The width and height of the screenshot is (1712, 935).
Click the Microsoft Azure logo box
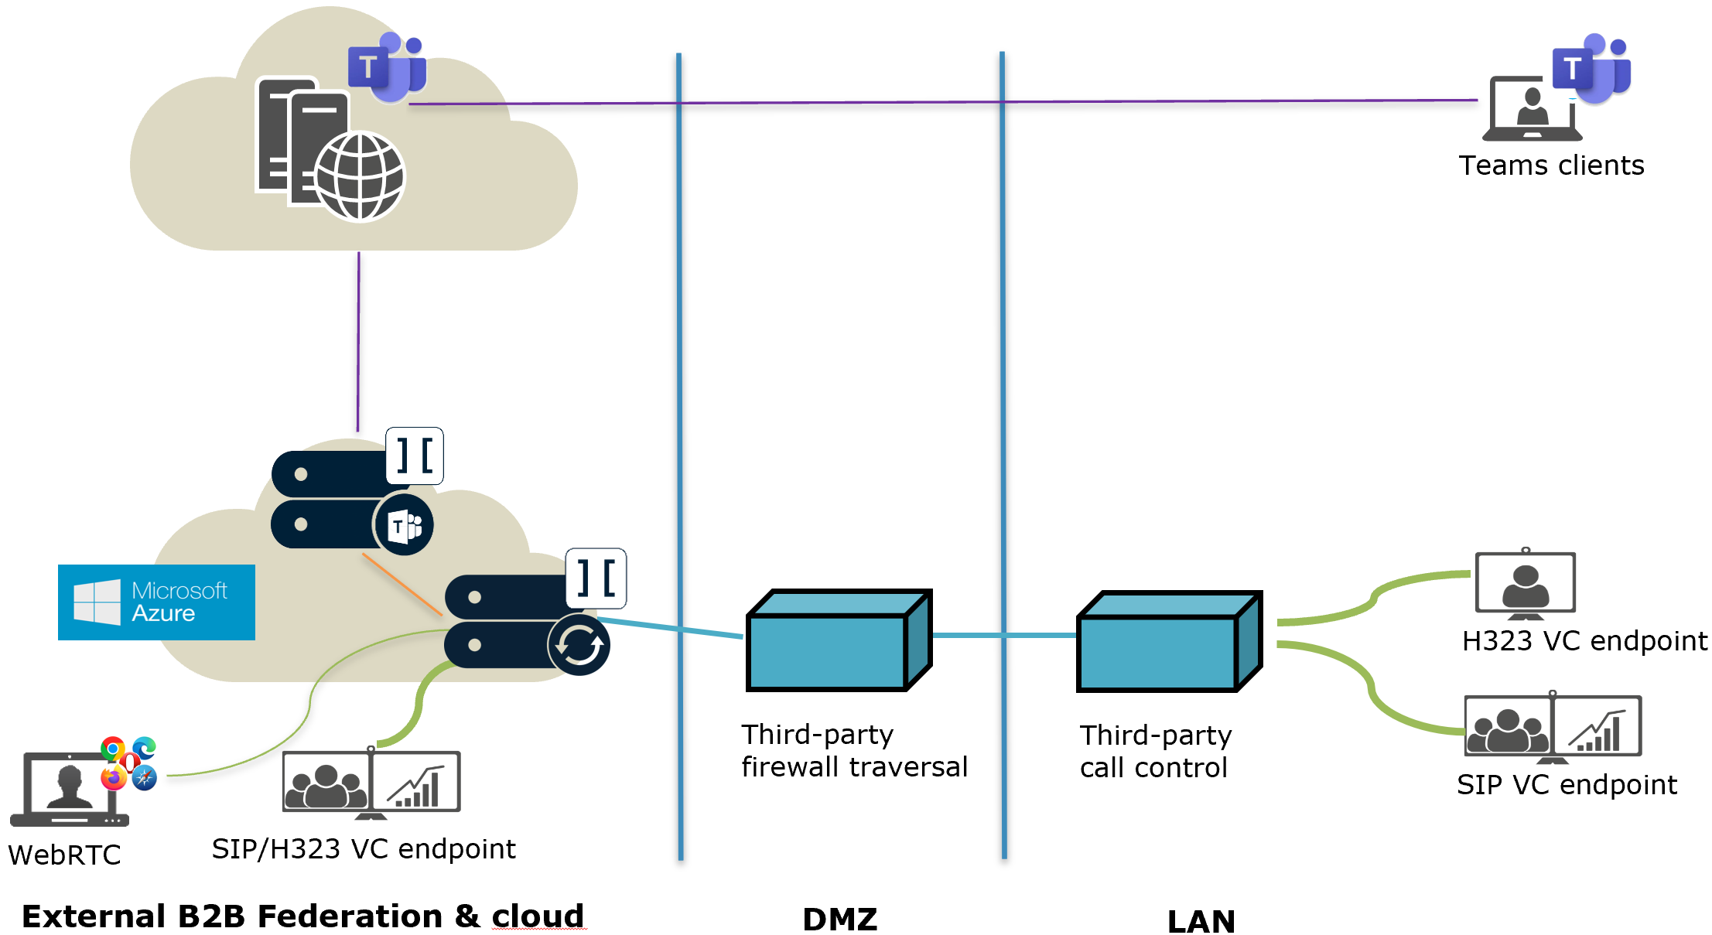156,602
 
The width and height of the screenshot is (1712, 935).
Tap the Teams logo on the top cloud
387,67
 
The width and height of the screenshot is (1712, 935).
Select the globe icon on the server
360,176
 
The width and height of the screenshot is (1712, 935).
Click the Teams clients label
1551,166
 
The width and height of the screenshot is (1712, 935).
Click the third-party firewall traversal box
839,640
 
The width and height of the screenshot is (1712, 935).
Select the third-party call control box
1169,641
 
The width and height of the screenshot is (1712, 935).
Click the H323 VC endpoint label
1584,641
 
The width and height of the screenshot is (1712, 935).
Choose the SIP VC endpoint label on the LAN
1567,785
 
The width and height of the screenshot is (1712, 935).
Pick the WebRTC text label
64,855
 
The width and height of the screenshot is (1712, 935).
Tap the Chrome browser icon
113,749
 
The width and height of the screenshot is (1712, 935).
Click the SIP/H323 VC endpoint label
364,849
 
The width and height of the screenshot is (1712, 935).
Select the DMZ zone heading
840,920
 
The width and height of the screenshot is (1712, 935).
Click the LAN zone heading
1201,921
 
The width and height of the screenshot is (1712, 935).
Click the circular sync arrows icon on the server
579,645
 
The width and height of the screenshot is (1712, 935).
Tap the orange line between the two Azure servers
402,585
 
